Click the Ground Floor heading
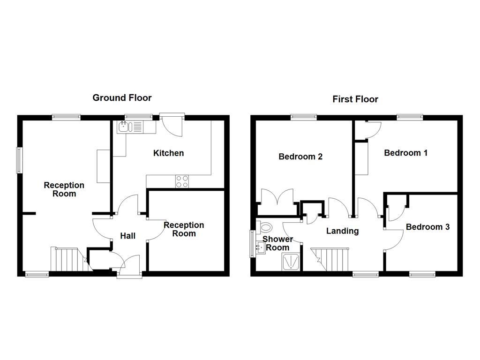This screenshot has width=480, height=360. (122, 97)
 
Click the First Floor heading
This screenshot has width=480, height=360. (355, 99)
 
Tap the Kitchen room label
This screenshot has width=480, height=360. (168, 153)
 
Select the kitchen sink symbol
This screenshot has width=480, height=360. (124, 126)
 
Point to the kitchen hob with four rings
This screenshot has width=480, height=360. (182, 181)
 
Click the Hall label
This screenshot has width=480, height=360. (127, 235)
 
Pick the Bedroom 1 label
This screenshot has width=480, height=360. (405, 152)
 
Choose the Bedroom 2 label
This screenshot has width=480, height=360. (300, 157)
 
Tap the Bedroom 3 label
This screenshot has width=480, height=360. (427, 227)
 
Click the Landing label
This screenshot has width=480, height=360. (342, 231)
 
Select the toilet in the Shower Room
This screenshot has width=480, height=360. (265, 228)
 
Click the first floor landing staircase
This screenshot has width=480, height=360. (331, 260)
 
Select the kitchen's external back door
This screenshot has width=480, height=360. (172, 125)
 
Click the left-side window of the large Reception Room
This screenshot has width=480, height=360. (20, 160)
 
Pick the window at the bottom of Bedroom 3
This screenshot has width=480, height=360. (421, 274)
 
